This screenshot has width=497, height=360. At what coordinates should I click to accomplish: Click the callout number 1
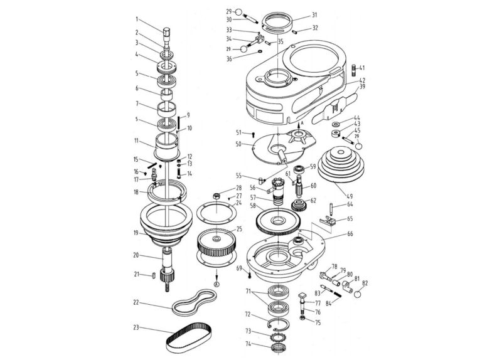137,19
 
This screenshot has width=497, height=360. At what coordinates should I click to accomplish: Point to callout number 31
314,15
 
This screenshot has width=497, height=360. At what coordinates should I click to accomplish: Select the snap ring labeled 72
275,322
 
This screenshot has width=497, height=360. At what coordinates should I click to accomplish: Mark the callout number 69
239,268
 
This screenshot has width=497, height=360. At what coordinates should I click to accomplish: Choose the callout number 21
137,274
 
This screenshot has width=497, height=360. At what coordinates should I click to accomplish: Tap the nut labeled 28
215,196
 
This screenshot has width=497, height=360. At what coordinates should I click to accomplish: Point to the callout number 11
137,141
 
